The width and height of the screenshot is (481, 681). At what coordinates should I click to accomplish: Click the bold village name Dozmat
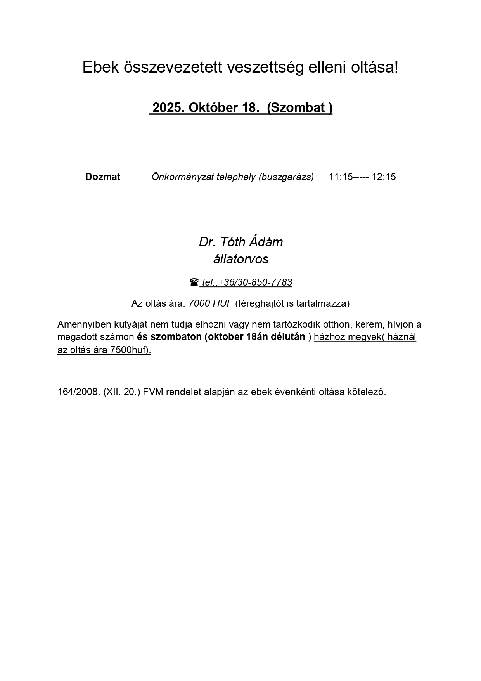pos(103,177)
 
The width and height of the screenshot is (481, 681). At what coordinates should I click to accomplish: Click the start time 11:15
pos(341,177)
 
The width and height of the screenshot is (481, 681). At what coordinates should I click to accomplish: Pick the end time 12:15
pos(384,177)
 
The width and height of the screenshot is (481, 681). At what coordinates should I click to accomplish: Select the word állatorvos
pos(240,259)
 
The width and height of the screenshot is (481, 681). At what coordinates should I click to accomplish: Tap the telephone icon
pos(194,282)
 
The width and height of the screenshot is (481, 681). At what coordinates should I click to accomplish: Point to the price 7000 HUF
pos(210,303)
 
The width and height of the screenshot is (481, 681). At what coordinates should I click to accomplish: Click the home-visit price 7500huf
pos(129,350)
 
